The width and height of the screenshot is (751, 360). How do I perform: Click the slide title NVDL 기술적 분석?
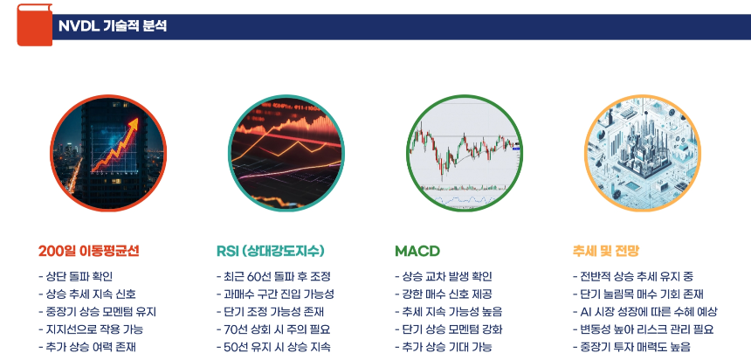[113, 26]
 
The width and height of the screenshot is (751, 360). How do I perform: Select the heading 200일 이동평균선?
[89, 251]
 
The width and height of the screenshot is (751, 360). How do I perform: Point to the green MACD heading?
[417, 251]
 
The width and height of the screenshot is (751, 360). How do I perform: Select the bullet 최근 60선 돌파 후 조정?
[272, 277]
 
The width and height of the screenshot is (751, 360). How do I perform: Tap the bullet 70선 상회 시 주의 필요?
[272, 329]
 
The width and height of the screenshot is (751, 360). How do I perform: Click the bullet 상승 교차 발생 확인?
[449, 277]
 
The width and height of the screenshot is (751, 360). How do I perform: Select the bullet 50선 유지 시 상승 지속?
[272, 347]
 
